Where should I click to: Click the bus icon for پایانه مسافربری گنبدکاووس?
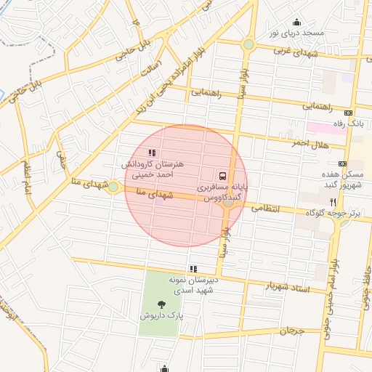(222, 175)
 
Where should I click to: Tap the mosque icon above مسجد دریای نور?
(296, 22)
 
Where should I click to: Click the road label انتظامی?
(266, 208)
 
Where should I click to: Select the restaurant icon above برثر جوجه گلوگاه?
(333, 201)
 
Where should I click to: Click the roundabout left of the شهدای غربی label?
(248, 44)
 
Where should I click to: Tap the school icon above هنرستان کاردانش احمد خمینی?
(152, 153)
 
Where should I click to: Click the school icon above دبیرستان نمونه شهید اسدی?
(193, 269)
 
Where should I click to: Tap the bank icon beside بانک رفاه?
(348, 113)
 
